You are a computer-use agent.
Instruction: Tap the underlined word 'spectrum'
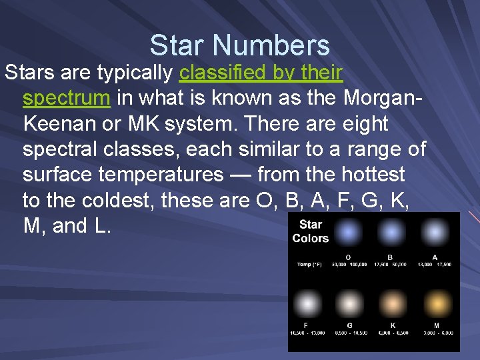(x=66, y=98)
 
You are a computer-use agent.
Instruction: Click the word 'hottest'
(x=373, y=175)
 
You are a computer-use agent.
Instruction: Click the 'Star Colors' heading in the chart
(x=310, y=231)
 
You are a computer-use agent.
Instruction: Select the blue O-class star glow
(x=348, y=233)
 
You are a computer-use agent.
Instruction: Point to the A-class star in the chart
(x=435, y=233)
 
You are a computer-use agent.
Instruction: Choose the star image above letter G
(x=349, y=304)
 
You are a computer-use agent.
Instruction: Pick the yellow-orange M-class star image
(x=436, y=304)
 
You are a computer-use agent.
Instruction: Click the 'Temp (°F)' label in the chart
(x=309, y=265)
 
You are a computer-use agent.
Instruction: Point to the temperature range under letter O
(x=349, y=265)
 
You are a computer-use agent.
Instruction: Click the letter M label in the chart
(x=436, y=325)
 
